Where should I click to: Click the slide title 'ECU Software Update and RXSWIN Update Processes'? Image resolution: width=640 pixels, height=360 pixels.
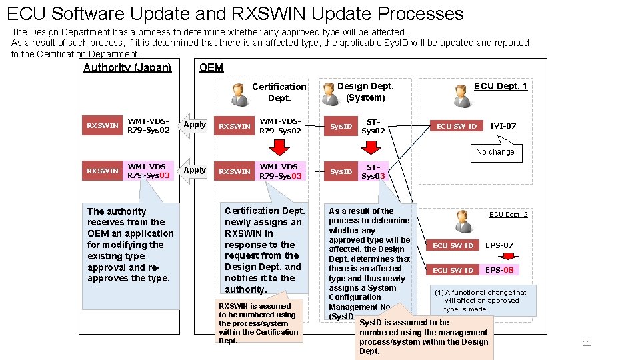[235, 13]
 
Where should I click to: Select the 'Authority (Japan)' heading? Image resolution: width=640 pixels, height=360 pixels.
[127, 67]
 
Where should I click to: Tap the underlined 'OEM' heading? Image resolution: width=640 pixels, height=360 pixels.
[211, 67]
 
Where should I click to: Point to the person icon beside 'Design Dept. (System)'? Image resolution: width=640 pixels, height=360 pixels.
[329, 93]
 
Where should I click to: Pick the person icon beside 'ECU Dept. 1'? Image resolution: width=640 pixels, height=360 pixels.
[461, 95]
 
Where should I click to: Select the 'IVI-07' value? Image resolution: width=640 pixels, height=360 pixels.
[503, 126]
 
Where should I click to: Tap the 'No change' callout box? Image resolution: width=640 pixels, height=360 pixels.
[495, 152]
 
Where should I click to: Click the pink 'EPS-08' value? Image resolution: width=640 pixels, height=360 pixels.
[499, 270]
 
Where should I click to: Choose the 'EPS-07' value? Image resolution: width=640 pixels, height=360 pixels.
[499, 245]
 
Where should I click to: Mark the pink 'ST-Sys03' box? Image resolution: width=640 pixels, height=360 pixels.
[373, 171]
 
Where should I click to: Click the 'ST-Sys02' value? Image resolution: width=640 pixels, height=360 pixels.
[373, 126]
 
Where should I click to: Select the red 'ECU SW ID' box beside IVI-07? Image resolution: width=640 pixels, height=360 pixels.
[457, 126]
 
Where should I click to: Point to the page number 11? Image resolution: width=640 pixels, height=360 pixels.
[587, 343]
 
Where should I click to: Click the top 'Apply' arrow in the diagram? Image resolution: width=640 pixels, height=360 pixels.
[194, 125]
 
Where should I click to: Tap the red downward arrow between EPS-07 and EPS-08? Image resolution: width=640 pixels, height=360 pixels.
[509, 258]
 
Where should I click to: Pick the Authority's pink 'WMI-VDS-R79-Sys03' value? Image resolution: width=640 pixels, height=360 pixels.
[149, 171]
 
